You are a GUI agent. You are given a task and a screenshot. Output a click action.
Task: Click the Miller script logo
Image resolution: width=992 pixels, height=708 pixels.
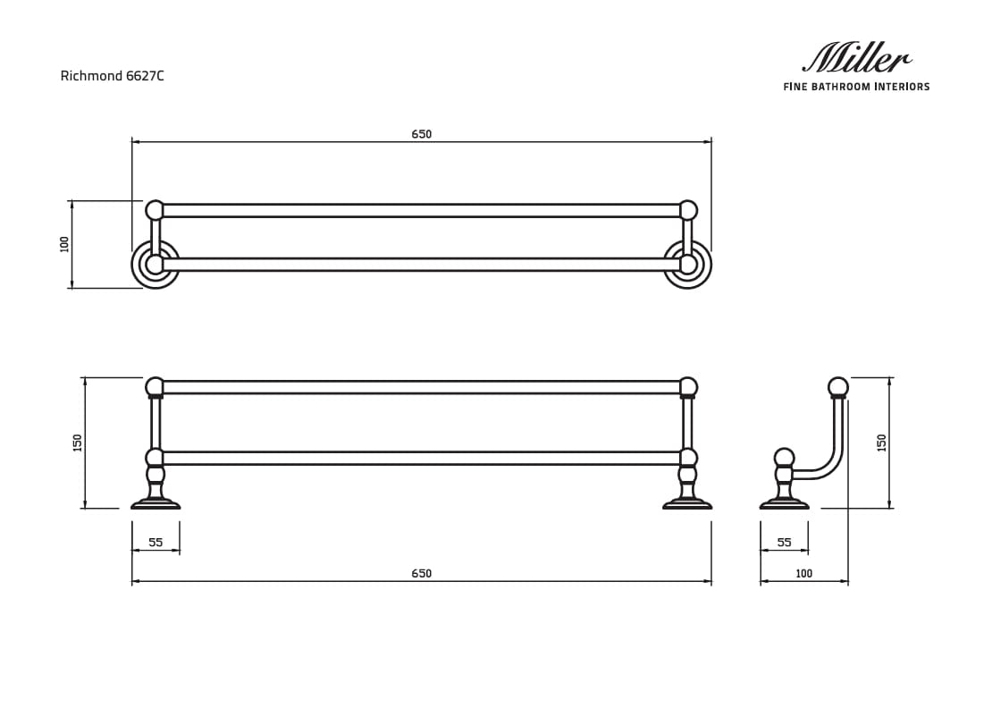tap(856, 59)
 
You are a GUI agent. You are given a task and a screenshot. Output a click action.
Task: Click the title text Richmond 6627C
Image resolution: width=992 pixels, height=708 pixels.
tap(112, 76)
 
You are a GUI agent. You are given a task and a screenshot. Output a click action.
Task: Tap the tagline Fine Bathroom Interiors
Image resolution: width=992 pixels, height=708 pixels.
tap(856, 87)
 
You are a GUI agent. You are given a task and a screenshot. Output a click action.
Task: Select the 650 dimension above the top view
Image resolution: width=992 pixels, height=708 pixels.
tap(421, 134)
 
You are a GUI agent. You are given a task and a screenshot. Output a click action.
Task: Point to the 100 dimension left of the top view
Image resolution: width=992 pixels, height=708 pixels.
tap(64, 244)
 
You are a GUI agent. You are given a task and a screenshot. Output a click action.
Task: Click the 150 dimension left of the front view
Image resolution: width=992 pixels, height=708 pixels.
tap(78, 442)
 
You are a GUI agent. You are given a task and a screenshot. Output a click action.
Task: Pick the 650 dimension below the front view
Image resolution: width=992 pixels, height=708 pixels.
tap(421, 573)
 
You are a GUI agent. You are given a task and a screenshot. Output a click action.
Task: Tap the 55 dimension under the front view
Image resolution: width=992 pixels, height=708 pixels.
tap(156, 542)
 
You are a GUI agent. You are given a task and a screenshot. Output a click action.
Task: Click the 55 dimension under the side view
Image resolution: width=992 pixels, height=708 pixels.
tap(784, 542)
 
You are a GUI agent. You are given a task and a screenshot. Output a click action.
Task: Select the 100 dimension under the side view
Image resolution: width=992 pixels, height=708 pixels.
tap(803, 573)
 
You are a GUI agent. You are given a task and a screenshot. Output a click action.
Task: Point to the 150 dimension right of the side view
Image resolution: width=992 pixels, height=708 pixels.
tap(881, 442)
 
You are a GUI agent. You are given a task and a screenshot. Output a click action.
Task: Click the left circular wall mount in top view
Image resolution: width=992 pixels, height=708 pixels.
tap(156, 265)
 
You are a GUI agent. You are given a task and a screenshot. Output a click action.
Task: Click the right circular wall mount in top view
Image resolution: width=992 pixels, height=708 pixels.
tap(687, 265)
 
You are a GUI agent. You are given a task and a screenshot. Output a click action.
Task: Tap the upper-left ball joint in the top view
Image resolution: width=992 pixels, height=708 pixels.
tap(155, 210)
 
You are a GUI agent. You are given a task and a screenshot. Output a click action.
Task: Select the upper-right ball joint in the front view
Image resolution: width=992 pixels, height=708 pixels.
tap(687, 387)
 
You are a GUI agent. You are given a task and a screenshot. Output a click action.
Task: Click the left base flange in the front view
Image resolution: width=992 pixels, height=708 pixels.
tap(156, 504)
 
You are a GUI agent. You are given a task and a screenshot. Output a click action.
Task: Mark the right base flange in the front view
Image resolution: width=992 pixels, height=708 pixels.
tap(687, 504)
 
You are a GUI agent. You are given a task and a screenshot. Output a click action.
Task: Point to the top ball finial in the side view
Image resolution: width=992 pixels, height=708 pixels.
tap(837, 387)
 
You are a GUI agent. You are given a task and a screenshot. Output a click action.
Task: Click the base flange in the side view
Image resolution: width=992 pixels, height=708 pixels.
tap(784, 504)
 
